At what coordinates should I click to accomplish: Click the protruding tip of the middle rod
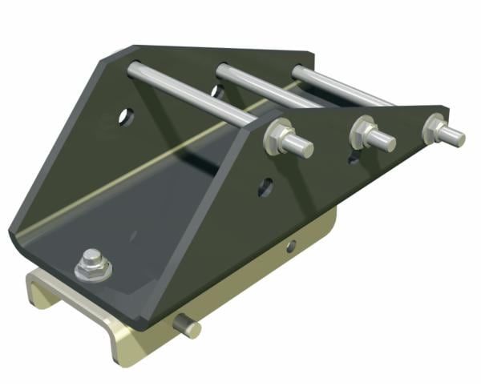click(387, 143)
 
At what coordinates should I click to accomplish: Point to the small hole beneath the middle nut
click(354, 159)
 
